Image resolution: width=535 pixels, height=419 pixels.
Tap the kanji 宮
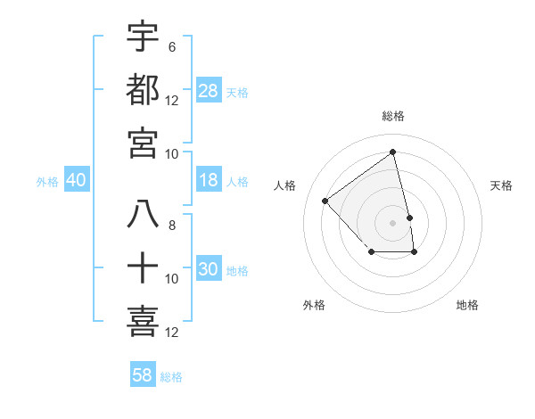tap(143, 143)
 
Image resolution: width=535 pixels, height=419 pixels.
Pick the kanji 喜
tap(143, 322)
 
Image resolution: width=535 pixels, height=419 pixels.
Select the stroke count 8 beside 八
tap(172, 226)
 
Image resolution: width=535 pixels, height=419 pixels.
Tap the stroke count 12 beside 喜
tap(172, 333)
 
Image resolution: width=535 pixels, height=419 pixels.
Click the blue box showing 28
tap(209, 91)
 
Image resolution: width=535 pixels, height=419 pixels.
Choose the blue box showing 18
tap(209, 180)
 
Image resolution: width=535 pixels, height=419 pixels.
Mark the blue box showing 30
tap(209, 269)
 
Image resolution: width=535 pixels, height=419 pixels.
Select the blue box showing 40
tap(76, 180)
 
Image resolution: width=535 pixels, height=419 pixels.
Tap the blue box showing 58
tap(143, 375)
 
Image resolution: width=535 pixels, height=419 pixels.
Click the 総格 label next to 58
tap(172, 377)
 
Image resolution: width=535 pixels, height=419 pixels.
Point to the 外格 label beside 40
tap(47, 182)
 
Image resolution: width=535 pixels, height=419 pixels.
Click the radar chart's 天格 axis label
tap(502, 185)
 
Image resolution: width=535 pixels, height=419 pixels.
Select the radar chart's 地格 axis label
tap(467, 305)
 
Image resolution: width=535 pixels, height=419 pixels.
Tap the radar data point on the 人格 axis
tap(325, 201)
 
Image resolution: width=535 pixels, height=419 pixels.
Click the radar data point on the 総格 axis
tap(392, 152)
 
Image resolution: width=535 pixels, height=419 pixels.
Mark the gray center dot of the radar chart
tap(392, 223)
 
